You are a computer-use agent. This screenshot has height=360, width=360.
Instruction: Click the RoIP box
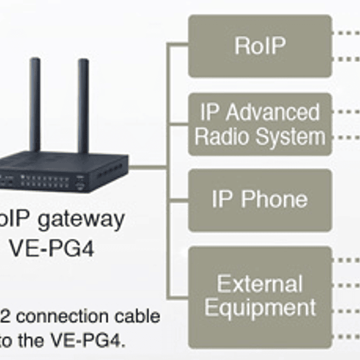tap(260, 46)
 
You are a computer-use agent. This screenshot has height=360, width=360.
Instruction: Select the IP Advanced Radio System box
tap(260, 124)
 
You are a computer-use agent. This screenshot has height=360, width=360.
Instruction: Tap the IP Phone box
tap(260, 200)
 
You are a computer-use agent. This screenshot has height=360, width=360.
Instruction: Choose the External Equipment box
tap(260, 297)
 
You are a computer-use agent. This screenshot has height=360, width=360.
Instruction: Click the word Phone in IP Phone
tap(275, 199)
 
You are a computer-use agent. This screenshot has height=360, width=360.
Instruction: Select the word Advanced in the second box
tap(272, 113)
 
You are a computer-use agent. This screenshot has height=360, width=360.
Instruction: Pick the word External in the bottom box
tap(260, 284)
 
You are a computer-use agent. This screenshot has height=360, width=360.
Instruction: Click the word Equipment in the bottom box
tap(260, 307)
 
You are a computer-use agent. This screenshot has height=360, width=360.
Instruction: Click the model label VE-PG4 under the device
tap(52, 249)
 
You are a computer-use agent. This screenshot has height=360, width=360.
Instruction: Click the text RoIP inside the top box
tap(260, 46)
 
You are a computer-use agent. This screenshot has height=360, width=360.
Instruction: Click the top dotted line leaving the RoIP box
tap(345, 33)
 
